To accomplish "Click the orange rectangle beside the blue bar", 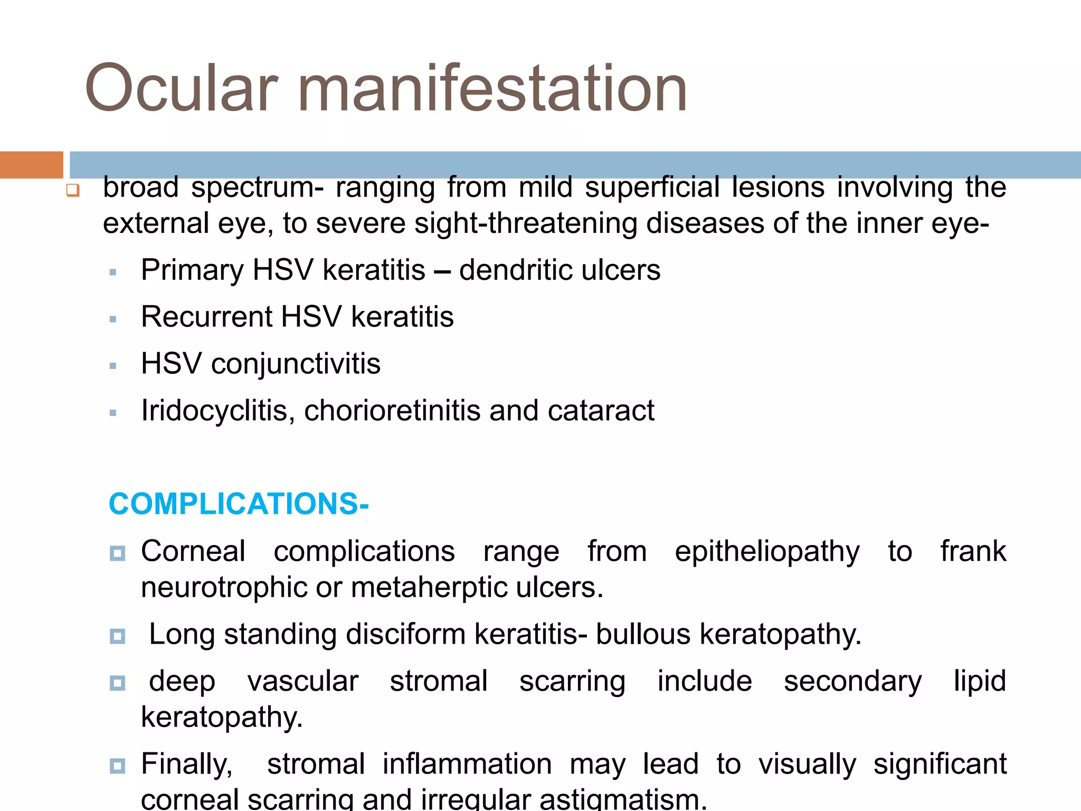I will [31, 165].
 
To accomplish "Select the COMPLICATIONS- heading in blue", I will [239, 504].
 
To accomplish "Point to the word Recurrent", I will [206, 317].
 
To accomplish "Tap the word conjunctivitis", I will [296, 364].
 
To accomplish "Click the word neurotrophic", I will [224, 588].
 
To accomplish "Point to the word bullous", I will [642, 634].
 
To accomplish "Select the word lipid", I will [980, 681].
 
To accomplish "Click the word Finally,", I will [187, 764].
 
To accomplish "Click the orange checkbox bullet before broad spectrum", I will [73, 190].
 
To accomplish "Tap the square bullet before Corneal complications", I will [117, 553].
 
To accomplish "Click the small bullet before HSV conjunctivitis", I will [112, 366].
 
